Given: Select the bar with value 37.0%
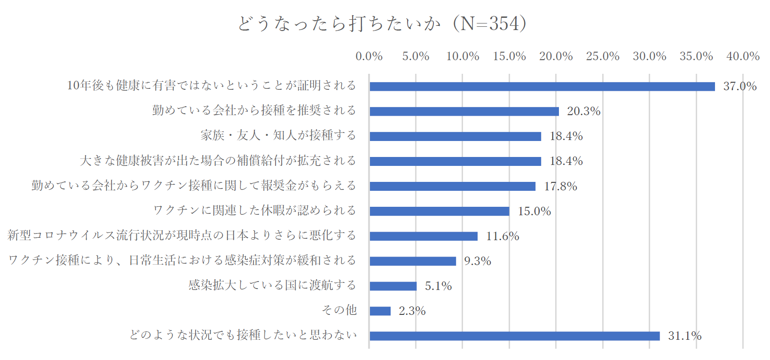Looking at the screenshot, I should click(542, 86).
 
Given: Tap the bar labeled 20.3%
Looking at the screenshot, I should click(464, 111).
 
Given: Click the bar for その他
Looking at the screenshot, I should click(380, 311).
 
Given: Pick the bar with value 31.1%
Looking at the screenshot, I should click(514, 336).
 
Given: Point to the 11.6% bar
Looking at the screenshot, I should click(424, 236).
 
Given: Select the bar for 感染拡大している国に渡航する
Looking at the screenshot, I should click(393, 286).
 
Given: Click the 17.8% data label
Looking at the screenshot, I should click(560, 186).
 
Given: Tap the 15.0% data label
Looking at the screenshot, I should click(534, 211).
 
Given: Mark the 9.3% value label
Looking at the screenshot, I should click(478, 261).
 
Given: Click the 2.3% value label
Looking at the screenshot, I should click(412, 311).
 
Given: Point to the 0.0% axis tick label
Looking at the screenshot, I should click(369, 56).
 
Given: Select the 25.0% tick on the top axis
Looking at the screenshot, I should click(603, 56).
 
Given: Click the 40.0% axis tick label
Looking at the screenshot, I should click(743, 56).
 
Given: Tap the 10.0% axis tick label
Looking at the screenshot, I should click(463, 56).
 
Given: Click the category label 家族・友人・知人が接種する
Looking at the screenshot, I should click(278, 135).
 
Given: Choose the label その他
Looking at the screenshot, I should click(339, 310).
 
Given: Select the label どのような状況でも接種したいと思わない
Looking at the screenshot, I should click(243, 335).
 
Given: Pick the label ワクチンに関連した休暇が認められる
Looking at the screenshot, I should click(255, 210).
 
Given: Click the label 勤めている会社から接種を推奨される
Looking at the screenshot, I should click(254, 110).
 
